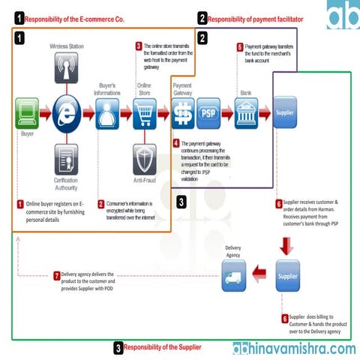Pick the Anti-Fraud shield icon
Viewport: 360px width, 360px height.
pyautogui.click(x=145, y=158)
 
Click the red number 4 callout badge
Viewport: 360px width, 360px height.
pyautogui.click(x=175, y=143)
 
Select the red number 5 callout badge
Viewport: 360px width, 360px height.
pyautogui.click(x=239, y=46)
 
